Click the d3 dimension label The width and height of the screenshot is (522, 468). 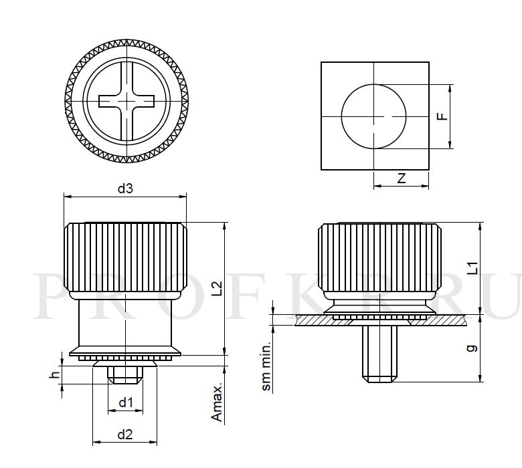click(x=125, y=189)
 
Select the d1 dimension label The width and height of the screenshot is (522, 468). click(x=126, y=402)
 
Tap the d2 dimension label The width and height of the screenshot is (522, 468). click(x=125, y=435)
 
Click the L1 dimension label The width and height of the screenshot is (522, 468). click(x=472, y=268)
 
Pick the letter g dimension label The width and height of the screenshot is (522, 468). click(x=472, y=348)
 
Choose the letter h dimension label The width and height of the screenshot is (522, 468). click(x=54, y=374)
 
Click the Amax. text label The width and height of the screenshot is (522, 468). click(x=217, y=404)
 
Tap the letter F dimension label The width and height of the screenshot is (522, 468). click(x=442, y=116)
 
